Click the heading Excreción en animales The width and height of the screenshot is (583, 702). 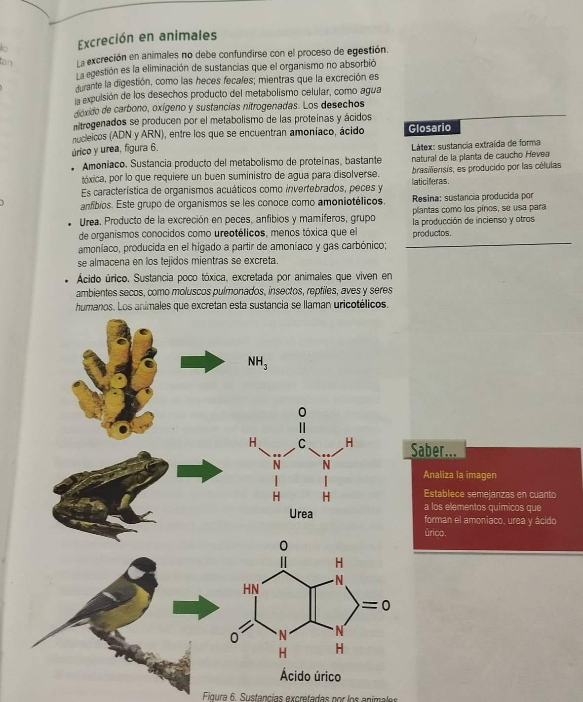coord(147,37)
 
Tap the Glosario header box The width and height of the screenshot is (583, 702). coord(429,128)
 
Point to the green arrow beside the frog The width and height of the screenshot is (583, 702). coord(197,470)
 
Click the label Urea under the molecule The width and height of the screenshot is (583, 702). coord(301,514)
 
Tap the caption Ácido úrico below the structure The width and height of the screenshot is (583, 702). coord(311,676)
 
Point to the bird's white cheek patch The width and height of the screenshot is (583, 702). coord(137,573)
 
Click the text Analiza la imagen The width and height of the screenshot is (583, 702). coord(460,475)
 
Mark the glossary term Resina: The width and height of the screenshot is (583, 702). coord(427,198)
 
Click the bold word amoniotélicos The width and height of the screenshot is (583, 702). coord(350,201)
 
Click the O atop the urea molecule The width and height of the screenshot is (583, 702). coord(302,411)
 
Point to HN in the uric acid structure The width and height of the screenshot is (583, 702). coord(251,588)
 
